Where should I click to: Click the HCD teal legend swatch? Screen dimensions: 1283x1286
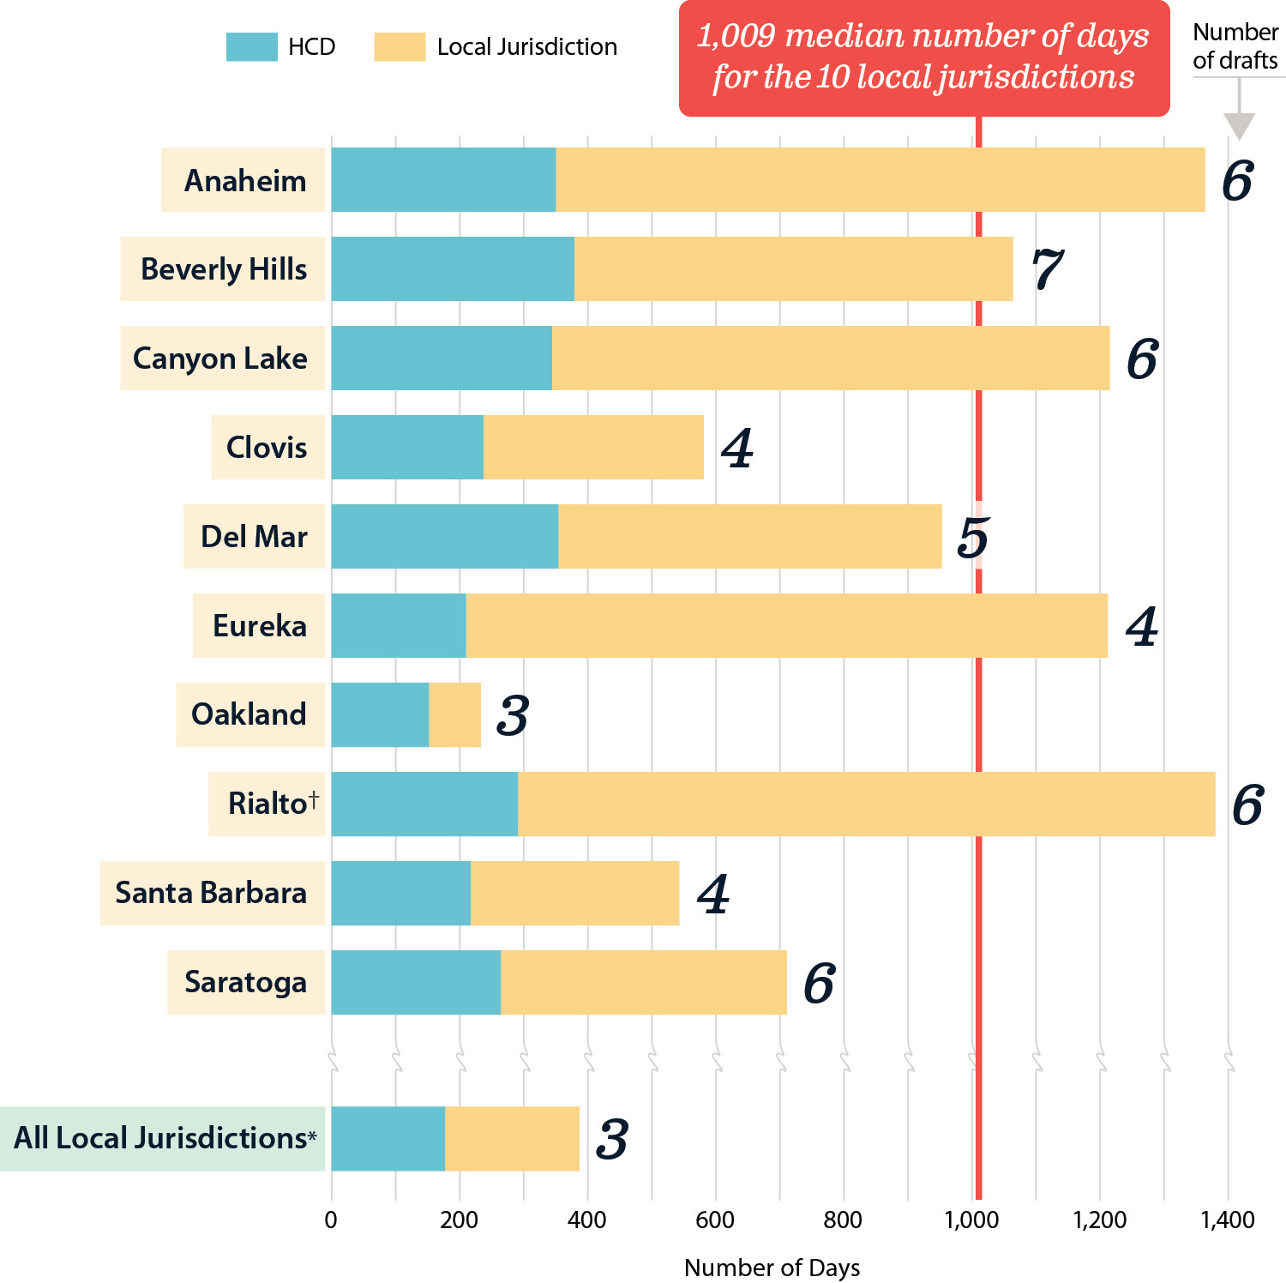point(251,46)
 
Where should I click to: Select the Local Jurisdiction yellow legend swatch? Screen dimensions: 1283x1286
point(400,46)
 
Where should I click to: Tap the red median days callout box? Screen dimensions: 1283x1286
point(923,57)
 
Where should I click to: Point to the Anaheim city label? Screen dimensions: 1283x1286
point(244,180)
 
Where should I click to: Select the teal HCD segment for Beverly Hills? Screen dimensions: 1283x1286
point(452,268)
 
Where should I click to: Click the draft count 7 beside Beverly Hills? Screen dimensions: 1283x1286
point(1046,268)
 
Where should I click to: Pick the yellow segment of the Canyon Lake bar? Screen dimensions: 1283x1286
point(830,358)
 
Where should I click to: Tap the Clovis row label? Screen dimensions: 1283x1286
point(267,447)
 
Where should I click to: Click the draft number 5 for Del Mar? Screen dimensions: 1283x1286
point(973,537)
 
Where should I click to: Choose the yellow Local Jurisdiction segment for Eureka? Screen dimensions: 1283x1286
point(786,625)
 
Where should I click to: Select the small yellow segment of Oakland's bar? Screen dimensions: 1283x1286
point(454,714)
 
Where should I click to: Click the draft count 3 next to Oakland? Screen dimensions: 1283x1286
point(513,715)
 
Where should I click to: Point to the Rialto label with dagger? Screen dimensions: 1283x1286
point(273,804)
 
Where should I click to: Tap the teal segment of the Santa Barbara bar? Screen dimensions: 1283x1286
point(400,893)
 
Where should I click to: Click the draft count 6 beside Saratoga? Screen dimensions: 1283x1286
point(819,983)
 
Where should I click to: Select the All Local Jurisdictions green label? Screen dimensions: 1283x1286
point(164,1138)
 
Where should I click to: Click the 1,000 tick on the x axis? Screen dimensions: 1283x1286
point(971,1219)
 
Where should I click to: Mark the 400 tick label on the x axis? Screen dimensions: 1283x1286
point(587,1219)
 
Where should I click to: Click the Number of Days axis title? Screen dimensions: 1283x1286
point(772,1267)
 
